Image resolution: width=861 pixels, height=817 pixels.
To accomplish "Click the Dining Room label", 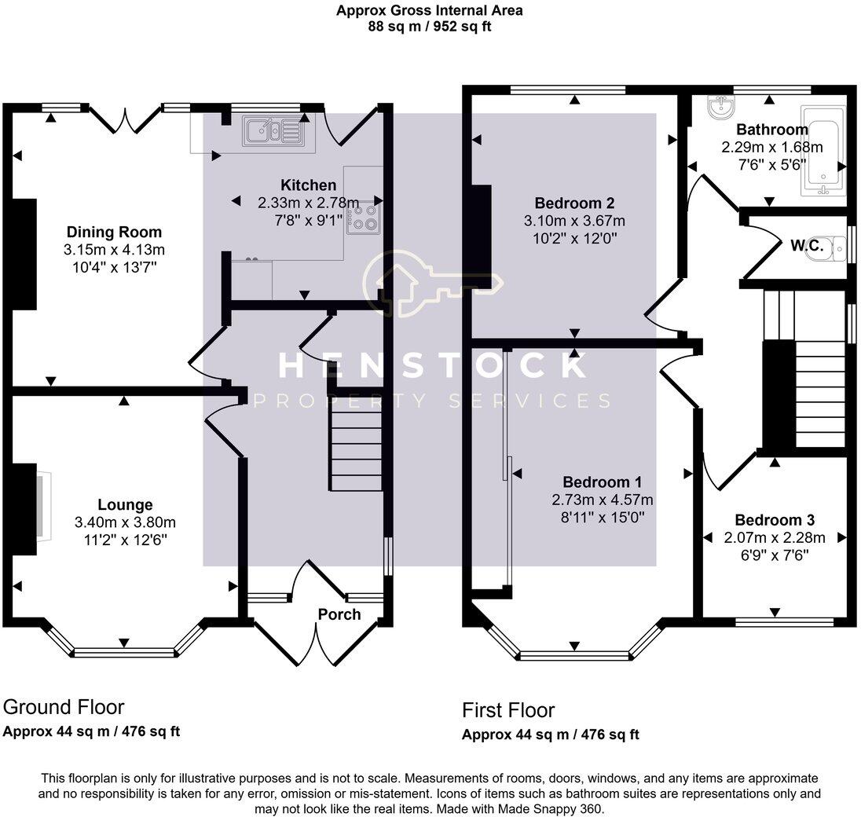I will [114, 232].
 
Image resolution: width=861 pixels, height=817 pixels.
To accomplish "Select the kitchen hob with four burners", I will [365, 216].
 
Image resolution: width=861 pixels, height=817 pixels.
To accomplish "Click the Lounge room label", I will [125, 504].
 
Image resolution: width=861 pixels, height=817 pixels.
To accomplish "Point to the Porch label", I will [339, 614].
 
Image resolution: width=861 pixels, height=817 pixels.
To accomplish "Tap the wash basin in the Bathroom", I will [720, 107].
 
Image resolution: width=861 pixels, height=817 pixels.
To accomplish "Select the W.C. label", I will [806, 246].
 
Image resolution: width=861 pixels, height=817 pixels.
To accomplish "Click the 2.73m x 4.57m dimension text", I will [603, 500].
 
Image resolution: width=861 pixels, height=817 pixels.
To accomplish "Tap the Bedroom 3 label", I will [774, 520].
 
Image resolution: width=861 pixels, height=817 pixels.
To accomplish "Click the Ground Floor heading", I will [64, 707].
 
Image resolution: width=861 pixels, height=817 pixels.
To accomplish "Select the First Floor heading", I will [508, 711].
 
